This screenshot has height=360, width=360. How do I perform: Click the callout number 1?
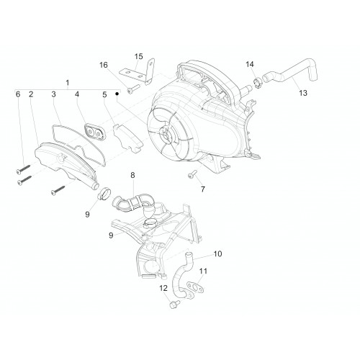(68, 83)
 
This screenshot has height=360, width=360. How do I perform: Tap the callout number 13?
(303, 93)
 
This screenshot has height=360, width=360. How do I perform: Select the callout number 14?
(250, 64)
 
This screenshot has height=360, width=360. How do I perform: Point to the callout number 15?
(138, 57)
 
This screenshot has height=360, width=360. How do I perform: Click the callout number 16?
(104, 65)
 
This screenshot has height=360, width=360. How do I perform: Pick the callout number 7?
(203, 189)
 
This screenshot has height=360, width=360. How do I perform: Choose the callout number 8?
(132, 175)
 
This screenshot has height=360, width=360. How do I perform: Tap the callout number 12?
(163, 288)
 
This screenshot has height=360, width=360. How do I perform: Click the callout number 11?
(203, 271)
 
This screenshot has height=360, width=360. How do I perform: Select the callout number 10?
(217, 253)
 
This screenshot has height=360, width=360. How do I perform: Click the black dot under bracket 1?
(117, 93)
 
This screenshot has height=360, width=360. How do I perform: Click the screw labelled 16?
(133, 89)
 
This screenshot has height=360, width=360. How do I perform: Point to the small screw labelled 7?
(192, 174)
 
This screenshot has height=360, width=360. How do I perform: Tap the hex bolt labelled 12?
(175, 304)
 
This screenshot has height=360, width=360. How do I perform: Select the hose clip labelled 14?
(258, 82)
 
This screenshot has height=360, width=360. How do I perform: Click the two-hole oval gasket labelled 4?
(94, 132)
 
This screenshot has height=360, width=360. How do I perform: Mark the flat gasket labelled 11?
(196, 287)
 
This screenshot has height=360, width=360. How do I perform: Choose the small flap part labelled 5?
(127, 138)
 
